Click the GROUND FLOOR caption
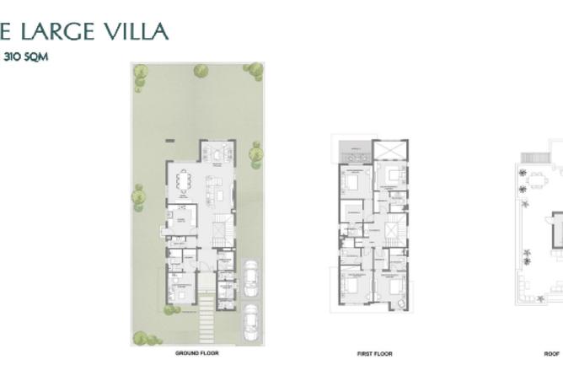[x=196, y=353]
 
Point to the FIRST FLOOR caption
[x=374, y=354]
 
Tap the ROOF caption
[x=552, y=354]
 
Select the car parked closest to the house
[x=250, y=277]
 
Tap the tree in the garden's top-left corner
[x=140, y=72]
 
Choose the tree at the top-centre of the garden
[x=201, y=71]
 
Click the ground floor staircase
[x=223, y=230]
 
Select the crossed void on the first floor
[x=394, y=152]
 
